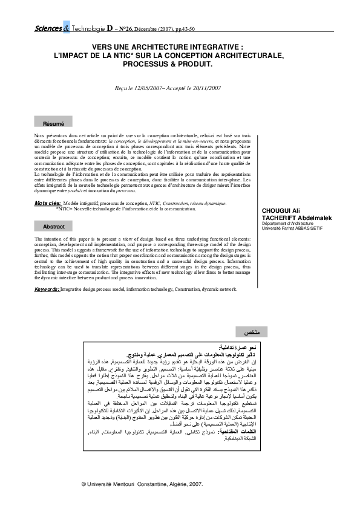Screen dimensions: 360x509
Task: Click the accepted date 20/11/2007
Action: (205, 88)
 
